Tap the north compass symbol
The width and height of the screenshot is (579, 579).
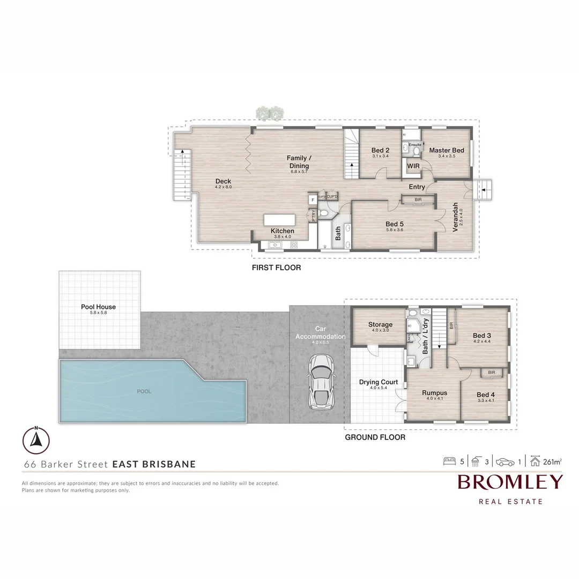point(36,440)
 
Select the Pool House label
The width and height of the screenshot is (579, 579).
point(98,307)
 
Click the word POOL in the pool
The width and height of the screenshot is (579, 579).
point(144,391)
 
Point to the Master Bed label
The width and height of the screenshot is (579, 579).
point(446,151)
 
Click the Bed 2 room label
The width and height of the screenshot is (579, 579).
point(380,151)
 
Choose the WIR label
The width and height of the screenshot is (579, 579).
point(413,166)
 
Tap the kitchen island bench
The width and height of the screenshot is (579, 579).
point(279,221)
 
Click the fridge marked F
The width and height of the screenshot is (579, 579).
point(313,200)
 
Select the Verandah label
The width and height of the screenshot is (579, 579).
point(455,216)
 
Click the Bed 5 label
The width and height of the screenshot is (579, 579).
point(394,224)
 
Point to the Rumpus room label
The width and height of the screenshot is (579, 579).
point(434,393)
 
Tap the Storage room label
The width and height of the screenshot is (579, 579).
point(380,324)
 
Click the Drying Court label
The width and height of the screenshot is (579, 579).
point(378,382)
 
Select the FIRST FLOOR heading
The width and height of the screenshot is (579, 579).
point(276,268)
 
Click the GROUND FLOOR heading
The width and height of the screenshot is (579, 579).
point(375,437)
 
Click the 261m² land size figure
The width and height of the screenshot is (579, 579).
point(553,461)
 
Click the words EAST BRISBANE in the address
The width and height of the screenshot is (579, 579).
point(154,464)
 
